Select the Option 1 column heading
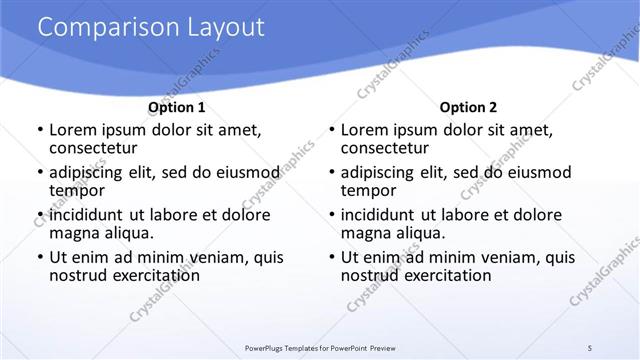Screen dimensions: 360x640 (177, 107)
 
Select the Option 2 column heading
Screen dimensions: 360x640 (468, 107)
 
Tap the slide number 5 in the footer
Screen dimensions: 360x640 (591, 347)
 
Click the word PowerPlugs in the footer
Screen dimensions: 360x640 (268, 348)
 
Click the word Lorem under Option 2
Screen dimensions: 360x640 (364, 130)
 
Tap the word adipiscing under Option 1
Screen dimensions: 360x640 (90, 173)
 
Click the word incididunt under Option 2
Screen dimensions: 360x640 (385, 215)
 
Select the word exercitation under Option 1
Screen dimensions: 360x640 (152, 275)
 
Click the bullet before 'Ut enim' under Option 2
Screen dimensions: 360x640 (332, 258)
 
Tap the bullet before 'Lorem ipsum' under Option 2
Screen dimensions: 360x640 (332, 130)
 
